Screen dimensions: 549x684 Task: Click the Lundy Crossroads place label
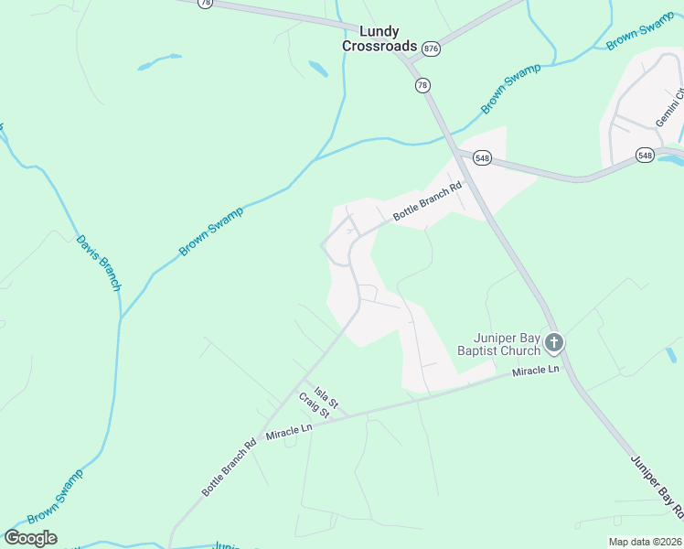pyautogui.click(x=379, y=38)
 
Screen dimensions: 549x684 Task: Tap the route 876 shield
pyautogui.click(x=432, y=48)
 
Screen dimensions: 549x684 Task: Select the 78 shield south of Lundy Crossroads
pyautogui.click(x=422, y=85)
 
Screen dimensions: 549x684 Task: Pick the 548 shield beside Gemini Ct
pyautogui.click(x=646, y=156)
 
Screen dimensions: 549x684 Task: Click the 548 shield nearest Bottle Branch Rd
pyautogui.click(x=483, y=158)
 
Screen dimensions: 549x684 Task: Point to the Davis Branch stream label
pyautogui.click(x=99, y=262)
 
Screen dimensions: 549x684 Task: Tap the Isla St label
pyautogui.click(x=322, y=396)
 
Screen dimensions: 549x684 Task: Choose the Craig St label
pyautogui.click(x=314, y=407)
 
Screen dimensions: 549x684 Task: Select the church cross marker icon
pyautogui.click(x=553, y=343)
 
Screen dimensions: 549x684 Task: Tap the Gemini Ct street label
pyautogui.click(x=669, y=108)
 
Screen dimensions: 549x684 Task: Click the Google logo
pyautogui.click(x=30, y=538)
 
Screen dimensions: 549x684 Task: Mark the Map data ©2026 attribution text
pyautogui.click(x=645, y=542)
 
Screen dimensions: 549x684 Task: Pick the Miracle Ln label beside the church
pyautogui.click(x=535, y=371)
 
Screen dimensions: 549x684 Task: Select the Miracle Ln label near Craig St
pyautogui.click(x=289, y=429)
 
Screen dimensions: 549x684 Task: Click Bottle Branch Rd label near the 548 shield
pyautogui.click(x=428, y=203)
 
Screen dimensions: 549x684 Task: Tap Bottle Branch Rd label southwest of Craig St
pyautogui.click(x=229, y=470)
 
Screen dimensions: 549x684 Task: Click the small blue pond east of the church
pyautogui.click(x=671, y=354)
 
